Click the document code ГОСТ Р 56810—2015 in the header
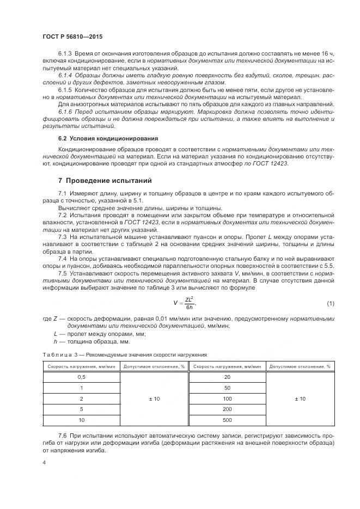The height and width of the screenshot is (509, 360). point(72,36)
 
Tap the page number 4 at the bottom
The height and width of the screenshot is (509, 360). point(44,462)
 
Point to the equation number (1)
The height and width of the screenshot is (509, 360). point(330,303)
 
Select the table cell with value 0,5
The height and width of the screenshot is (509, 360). point(82,377)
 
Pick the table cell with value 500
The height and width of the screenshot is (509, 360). point(227,420)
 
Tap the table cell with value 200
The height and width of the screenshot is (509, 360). point(227,409)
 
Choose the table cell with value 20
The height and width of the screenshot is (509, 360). point(227,377)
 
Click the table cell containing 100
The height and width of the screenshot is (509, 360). point(227,398)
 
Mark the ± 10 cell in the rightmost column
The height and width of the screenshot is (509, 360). point(300,398)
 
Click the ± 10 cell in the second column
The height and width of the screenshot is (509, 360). point(154,398)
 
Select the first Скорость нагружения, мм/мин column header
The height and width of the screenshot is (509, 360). point(82,366)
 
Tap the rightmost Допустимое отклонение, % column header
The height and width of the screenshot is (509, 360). point(300,366)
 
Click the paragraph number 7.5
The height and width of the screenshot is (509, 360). point(63,273)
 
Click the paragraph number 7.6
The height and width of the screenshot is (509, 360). point(63,436)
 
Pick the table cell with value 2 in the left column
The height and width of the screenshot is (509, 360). point(82,398)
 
